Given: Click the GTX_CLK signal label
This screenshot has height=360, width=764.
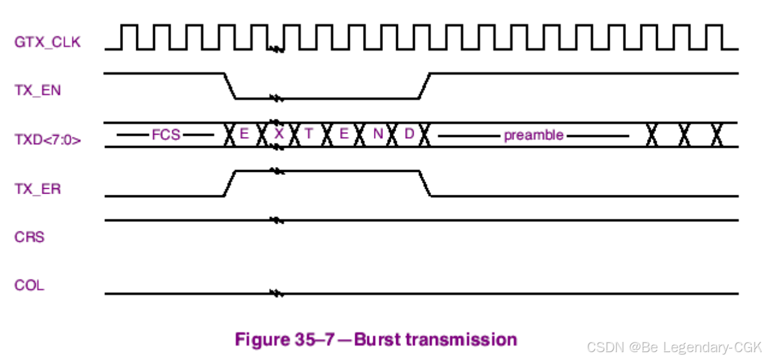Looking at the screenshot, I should click(46, 42).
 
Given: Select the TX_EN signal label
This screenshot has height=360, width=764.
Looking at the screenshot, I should click(37, 91).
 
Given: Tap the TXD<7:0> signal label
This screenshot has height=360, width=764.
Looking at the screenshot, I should click(48, 141).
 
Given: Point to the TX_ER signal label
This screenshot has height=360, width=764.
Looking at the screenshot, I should click(37, 189).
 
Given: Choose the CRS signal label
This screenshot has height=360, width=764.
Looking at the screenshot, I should click(30, 237).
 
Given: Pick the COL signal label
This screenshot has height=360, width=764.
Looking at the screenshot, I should click(29, 285).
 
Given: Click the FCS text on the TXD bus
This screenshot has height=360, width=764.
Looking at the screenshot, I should click(166, 134).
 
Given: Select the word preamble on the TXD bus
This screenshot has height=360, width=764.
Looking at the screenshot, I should click(534, 135).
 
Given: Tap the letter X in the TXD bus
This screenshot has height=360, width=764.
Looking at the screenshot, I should click(279, 134).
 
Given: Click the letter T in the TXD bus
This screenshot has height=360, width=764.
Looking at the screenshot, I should click(309, 134).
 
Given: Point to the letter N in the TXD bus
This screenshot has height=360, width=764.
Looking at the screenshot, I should click(378, 134).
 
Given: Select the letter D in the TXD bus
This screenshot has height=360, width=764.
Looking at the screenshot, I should click(409, 134).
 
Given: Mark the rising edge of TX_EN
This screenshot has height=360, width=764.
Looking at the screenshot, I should click(424, 86).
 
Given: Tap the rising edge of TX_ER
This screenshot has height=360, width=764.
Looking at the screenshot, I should click(229, 183).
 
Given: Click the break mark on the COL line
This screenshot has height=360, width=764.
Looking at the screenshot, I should click(276, 294).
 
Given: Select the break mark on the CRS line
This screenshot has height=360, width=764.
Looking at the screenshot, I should click(276, 220).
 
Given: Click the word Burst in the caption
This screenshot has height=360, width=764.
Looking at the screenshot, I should click(376, 339).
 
